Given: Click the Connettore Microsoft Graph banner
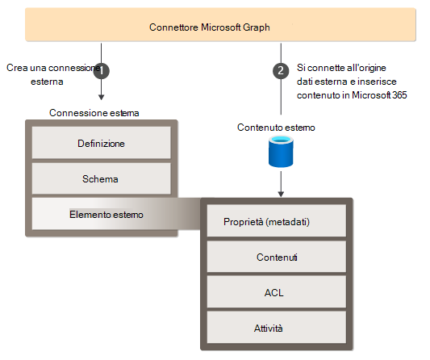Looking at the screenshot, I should (215, 27).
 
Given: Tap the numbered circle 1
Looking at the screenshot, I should (102, 70).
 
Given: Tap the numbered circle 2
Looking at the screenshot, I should (280, 70).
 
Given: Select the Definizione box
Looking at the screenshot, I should (101, 142).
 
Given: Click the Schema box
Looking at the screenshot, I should (101, 178).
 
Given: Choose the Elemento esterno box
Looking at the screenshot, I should (101, 215).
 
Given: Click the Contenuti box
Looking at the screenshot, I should (277, 257).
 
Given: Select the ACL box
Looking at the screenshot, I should (277, 293).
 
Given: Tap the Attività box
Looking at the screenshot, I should (277, 329).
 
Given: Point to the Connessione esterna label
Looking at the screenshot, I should (94, 112).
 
